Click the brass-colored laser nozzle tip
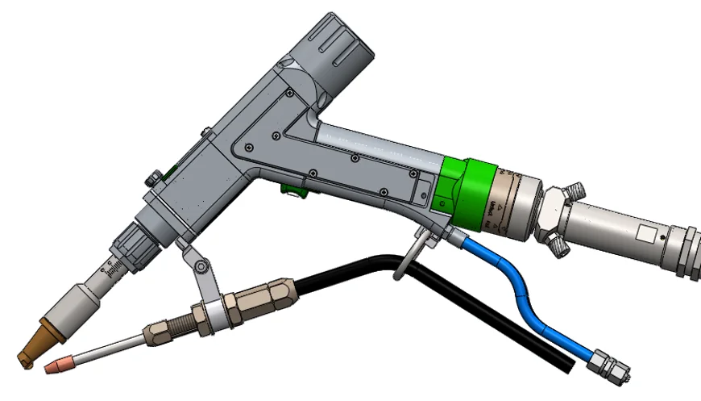[34, 346]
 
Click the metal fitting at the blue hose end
[608, 366]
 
